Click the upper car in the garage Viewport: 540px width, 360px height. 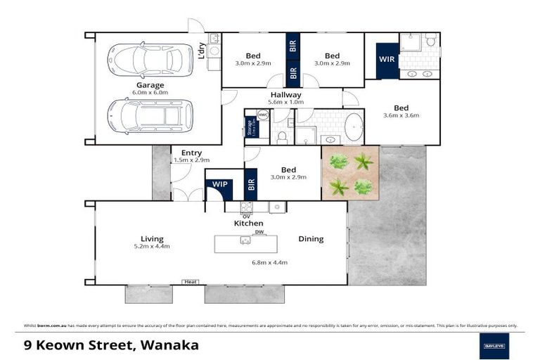pos(150,60)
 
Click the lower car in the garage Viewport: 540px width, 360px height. pos(150,115)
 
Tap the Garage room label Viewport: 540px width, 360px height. pos(150,85)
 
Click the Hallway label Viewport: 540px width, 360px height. pos(285,95)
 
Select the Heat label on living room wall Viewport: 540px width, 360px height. pos(190,282)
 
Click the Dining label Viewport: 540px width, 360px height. pos(311,239)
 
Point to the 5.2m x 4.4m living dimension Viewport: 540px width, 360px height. pos(152,247)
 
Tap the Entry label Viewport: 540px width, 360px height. pos(191,153)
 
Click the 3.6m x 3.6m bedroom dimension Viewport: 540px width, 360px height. pos(401,116)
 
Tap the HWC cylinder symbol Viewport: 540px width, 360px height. pos(263,115)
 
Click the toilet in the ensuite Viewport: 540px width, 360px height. pos(430,41)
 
